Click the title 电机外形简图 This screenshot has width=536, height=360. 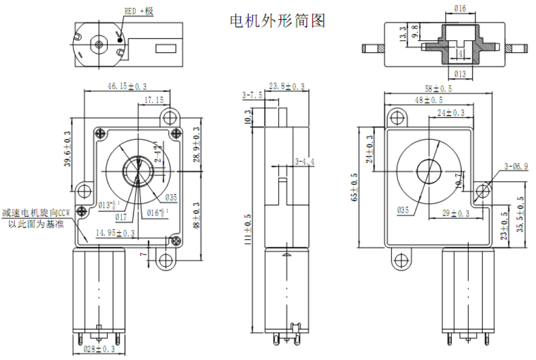coord(277,21)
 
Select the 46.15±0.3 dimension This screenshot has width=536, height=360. coord(126,86)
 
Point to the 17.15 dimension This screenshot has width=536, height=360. coord(154,99)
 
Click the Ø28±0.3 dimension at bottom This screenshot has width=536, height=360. coord(99,350)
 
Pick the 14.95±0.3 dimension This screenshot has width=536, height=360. coord(115,232)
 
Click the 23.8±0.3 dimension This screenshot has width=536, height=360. coord(286,86)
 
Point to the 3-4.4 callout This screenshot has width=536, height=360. coord(305,162)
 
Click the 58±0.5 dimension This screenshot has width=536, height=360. coord(438,89)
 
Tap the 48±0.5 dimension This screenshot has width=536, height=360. coord(429,100)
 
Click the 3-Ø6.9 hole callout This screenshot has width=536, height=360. coord(516,166)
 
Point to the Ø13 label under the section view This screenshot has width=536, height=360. coord(459,74)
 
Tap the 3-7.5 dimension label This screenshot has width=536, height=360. coord(252,95)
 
